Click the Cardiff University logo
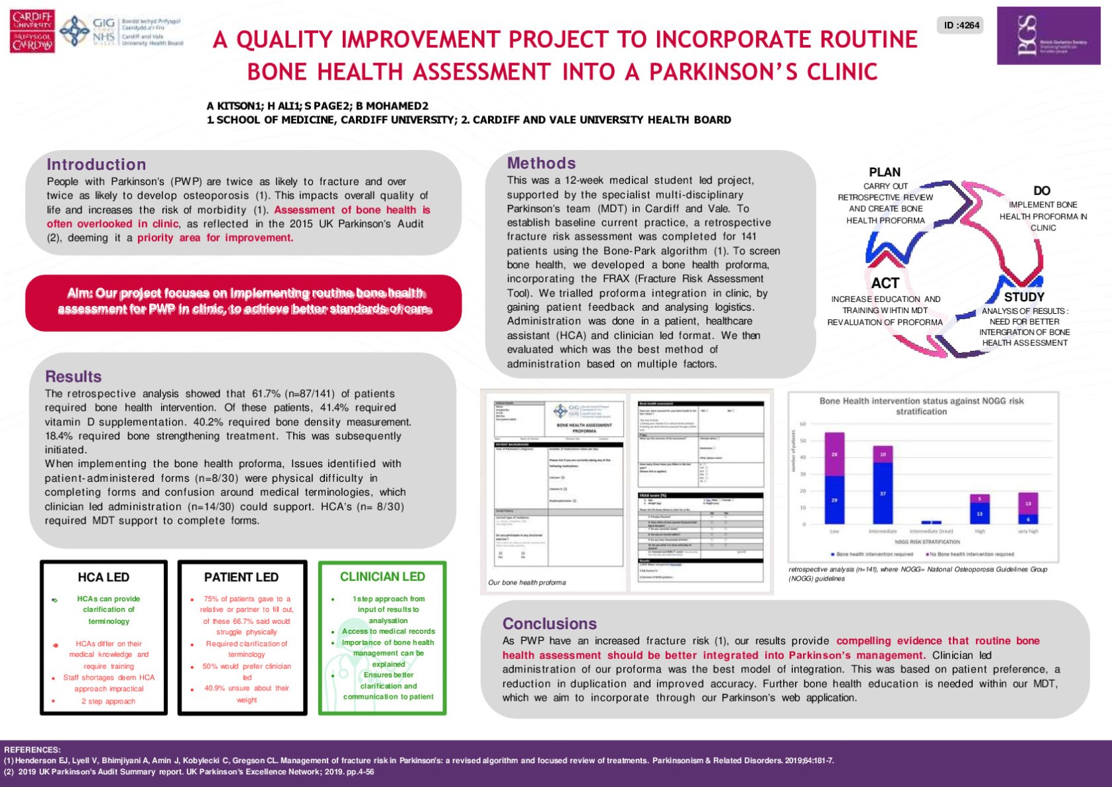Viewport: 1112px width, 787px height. (32, 31)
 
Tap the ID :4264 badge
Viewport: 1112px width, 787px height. (961, 25)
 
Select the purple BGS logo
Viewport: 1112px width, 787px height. (1048, 36)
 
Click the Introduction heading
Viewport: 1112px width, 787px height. (96, 165)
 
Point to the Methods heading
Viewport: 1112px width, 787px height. (541, 163)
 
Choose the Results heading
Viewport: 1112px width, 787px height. (73, 376)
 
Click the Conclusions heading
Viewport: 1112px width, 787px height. (549, 624)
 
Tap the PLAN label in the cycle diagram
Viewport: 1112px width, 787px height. (885, 172)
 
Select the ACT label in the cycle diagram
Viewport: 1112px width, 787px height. (885, 283)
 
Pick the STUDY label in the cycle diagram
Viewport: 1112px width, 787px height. (1024, 297)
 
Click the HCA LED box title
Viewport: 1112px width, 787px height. (103, 577)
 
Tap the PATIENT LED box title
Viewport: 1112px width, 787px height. (241, 577)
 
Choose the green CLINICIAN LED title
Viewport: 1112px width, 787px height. (383, 577)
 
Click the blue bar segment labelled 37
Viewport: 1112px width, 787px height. (883, 494)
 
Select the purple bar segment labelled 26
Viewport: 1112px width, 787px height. (834, 454)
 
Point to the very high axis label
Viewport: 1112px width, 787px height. (1028, 532)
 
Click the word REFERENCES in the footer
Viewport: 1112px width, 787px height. (32, 749)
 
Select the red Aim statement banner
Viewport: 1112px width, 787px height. (243, 301)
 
